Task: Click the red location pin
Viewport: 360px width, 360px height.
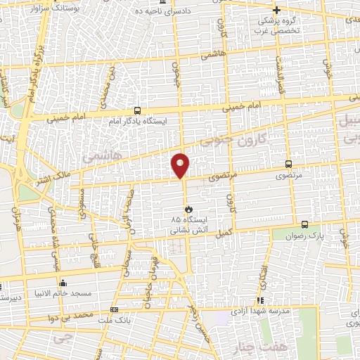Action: tap(181, 165)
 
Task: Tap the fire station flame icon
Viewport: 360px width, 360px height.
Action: tap(188, 209)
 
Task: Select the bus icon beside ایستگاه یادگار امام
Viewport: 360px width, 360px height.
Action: tap(136, 110)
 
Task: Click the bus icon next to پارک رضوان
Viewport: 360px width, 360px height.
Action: tap(304, 224)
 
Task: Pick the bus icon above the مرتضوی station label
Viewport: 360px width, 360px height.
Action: tap(288, 163)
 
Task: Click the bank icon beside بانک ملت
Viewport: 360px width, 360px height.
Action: tap(115, 309)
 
